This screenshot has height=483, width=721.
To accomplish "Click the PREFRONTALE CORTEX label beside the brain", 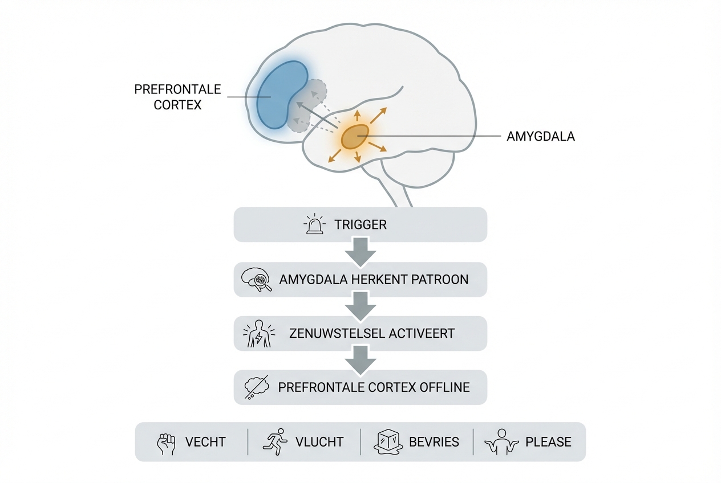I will (x=177, y=97).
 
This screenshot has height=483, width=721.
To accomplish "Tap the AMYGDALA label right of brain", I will (x=540, y=137).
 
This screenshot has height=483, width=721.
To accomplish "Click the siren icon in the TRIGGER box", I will (x=315, y=224).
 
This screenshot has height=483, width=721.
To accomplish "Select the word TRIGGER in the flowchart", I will (x=360, y=224).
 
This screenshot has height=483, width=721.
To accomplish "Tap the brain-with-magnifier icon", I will (x=257, y=280).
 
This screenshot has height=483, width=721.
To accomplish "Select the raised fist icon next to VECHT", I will (x=166, y=443).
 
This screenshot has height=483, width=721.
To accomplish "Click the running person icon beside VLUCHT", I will (x=274, y=442).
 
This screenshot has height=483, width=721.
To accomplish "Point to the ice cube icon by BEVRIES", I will (x=387, y=442).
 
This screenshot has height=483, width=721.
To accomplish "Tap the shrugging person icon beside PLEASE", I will (x=500, y=443).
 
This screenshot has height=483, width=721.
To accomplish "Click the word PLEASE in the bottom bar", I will (x=548, y=442).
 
